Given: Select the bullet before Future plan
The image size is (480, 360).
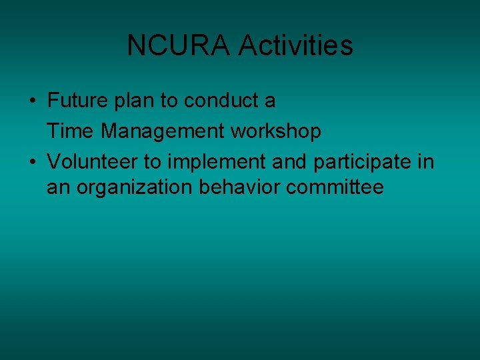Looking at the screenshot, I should coord(33,101).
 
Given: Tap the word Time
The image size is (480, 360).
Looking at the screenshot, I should coord(70,132).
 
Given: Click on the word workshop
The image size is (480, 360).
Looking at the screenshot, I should coord(275,132).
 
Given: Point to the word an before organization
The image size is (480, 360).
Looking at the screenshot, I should coord(58,188).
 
